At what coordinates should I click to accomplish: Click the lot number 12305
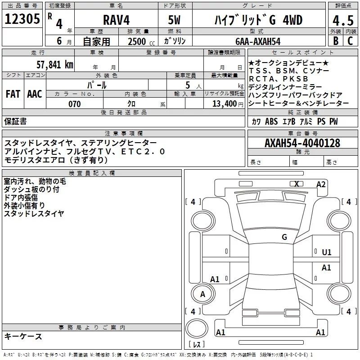22,19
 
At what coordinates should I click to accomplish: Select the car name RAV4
116,20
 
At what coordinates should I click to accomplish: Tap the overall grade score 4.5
343,21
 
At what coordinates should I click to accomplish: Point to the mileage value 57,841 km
55,65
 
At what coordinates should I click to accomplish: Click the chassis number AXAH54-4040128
302,143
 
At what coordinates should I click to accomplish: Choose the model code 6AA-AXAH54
258,41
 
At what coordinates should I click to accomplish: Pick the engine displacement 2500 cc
141,42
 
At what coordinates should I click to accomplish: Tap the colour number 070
75,104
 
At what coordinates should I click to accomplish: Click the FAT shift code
13,94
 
